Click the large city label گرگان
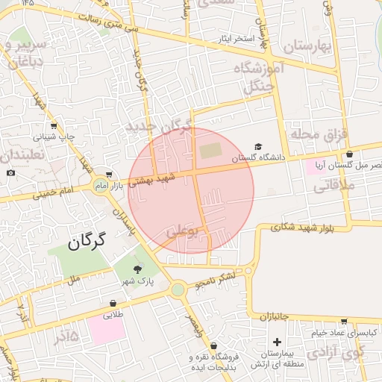pyautogui.click(x=87, y=241)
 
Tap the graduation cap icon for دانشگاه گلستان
pyautogui.click(x=258, y=146)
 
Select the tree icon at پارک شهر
pyautogui.click(x=137, y=269)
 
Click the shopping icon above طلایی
pyautogui.click(x=113, y=303)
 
